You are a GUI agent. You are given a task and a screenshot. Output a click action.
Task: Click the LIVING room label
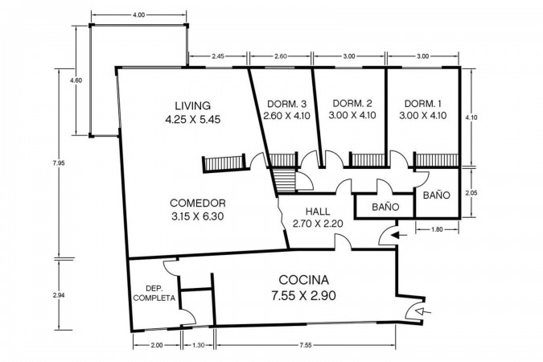coord(193,105)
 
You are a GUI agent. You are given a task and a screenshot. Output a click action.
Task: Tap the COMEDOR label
coord(198,203)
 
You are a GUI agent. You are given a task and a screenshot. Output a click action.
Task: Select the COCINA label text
coord(304,280)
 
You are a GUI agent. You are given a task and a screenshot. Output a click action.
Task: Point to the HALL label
coord(318,211)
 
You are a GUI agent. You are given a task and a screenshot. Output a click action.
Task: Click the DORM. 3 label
coord(286,104)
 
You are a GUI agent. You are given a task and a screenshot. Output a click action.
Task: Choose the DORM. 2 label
coord(352,103)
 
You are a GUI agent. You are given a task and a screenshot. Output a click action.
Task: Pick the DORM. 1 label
coord(423,103)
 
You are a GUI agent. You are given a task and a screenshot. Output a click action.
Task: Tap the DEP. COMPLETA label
coord(154,293)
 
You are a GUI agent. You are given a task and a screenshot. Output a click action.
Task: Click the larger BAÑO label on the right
coord(436,195)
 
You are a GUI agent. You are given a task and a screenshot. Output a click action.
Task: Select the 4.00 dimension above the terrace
coord(138,15)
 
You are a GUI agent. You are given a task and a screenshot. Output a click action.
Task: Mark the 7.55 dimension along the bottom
coord(305,345)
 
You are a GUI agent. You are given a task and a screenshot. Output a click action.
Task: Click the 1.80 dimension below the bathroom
coord(437,229)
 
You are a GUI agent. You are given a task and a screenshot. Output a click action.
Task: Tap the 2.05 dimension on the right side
coord(471,193)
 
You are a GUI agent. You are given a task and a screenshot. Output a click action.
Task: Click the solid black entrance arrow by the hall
coord(399,236)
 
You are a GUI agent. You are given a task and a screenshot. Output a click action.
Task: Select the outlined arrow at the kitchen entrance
coord(423,312)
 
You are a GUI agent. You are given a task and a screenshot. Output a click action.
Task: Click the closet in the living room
coord(224,163)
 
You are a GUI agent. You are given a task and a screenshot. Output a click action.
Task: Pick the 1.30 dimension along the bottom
coord(198,345)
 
